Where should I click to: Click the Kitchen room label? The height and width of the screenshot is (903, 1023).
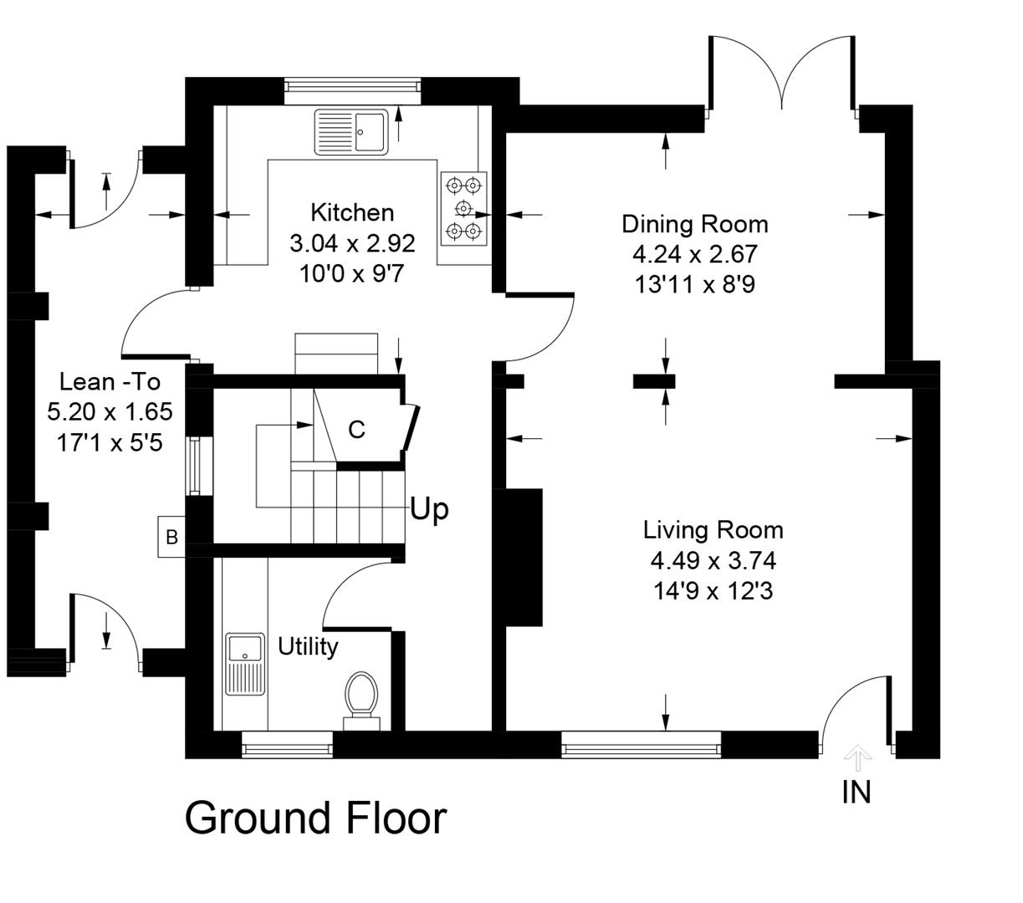pyautogui.click(x=351, y=212)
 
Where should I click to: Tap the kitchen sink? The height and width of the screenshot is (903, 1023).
pyautogui.click(x=352, y=132)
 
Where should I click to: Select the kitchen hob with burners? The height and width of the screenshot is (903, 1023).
pyautogui.click(x=463, y=208)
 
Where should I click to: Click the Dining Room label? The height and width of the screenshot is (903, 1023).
pyautogui.click(x=694, y=224)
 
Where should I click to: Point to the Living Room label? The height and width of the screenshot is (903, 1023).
pyautogui.click(x=713, y=530)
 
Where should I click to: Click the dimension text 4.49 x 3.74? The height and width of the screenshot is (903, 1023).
pyautogui.click(x=713, y=560)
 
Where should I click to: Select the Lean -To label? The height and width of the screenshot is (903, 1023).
pyautogui.click(x=110, y=382)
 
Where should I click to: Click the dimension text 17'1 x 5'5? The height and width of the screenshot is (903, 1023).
pyautogui.click(x=110, y=442)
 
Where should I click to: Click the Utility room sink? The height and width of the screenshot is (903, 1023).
pyautogui.click(x=245, y=663)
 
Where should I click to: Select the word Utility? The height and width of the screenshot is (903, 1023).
pyautogui.click(x=308, y=646)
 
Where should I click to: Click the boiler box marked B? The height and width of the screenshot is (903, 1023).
pyautogui.click(x=171, y=537)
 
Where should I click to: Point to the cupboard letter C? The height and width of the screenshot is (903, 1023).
pyautogui.click(x=356, y=430)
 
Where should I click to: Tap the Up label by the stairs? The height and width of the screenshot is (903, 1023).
pyautogui.click(x=429, y=508)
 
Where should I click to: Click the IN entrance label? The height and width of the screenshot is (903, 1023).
pyautogui.click(x=856, y=792)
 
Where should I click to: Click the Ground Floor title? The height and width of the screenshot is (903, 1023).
pyautogui.click(x=315, y=818)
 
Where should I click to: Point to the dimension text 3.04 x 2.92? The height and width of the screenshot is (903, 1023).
pyautogui.click(x=351, y=243)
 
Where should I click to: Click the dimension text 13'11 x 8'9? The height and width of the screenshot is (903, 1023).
pyautogui.click(x=694, y=284)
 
